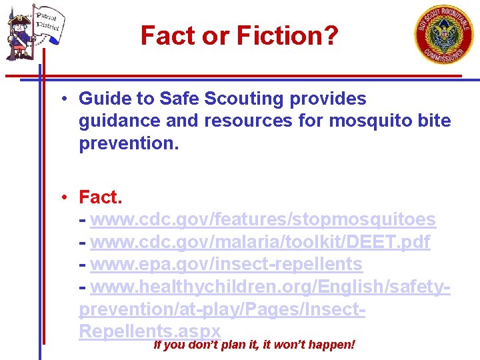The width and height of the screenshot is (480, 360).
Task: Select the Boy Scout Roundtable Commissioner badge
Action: click(x=444, y=34)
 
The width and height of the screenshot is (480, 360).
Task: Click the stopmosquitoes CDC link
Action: click(x=263, y=219)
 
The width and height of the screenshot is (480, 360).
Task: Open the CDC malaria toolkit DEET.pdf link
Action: click(x=260, y=242)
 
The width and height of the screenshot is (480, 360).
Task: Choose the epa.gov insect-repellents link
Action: click(x=226, y=265)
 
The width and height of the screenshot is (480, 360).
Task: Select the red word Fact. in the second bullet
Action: click(x=101, y=197)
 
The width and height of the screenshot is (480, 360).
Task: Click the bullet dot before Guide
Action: click(x=61, y=99)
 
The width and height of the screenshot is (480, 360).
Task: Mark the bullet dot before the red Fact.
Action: click(x=61, y=197)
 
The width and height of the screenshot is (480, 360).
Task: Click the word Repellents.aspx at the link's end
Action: click(x=149, y=331)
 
